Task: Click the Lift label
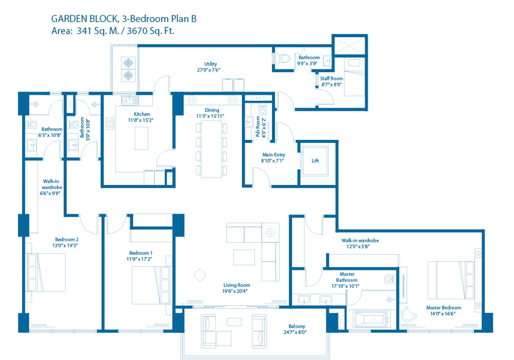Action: pyautogui.click(x=315, y=160)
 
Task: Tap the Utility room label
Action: pyautogui.click(x=210, y=64)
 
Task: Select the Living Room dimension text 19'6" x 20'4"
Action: pyautogui.click(x=235, y=291)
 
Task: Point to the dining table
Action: pyautogui.click(x=212, y=149)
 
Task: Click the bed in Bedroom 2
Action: pyautogui.click(x=46, y=273)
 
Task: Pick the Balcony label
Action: pyautogui.click(x=297, y=326)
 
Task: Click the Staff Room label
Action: pyautogui.click(x=332, y=79)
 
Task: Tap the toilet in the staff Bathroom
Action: pyautogui.click(x=282, y=59)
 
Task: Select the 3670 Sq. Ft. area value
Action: pyautogui.click(x=151, y=31)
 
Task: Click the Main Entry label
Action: pyautogui.click(x=274, y=155)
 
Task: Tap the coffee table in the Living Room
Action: pyautogui.click(x=244, y=257)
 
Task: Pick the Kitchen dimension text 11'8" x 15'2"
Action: pyautogui.click(x=141, y=120)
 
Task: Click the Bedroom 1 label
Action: pyautogui.click(x=141, y=253)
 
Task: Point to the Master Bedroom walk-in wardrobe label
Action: pyautogui.click(x=360, y=241)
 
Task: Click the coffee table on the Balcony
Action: pyautogui.click(x=234, y=321)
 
